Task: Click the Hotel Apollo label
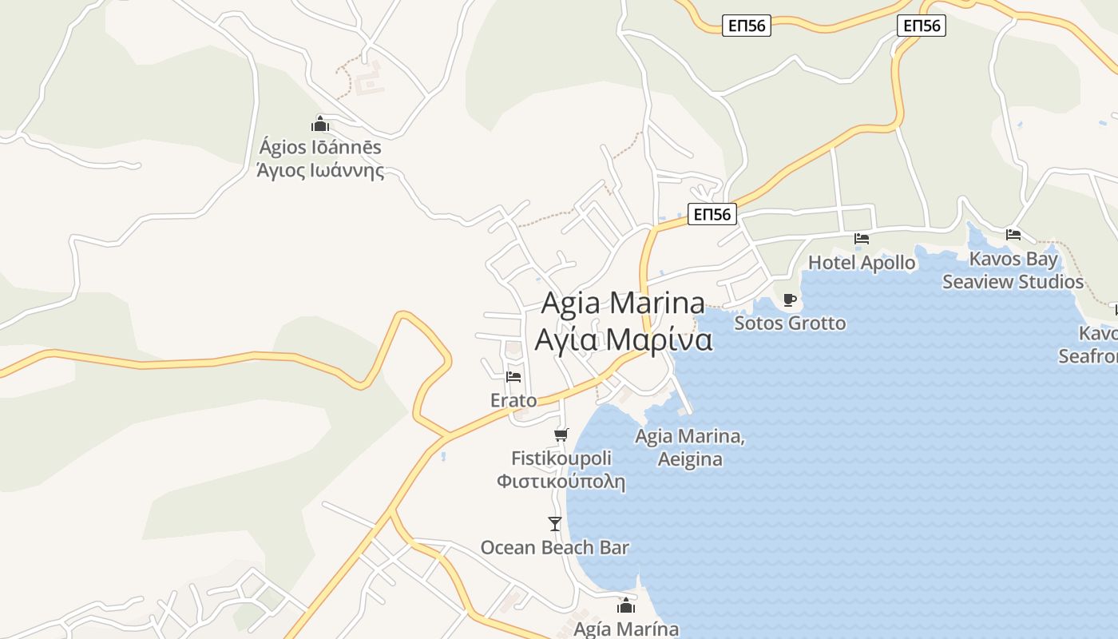click(862, 263)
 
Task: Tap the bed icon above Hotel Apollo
click(861, 238)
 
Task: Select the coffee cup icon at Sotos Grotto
click(790, 300)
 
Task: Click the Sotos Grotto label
click(790, 323)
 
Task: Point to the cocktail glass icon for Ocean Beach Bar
click(555, 524)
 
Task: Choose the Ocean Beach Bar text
click(554, 548)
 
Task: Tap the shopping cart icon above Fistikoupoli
click(561, 435)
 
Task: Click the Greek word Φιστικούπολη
click(561, 482)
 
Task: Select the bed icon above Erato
click(513, 376)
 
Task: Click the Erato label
click(513, 400)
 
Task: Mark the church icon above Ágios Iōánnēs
click(320, 124)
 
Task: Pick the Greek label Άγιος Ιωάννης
click(320, 171)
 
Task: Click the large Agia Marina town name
click(623, 304)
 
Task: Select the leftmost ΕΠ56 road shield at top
click(747, 26)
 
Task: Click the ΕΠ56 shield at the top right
click(922, 26)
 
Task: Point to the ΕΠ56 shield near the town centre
click(712, 214)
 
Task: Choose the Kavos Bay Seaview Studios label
click(1013, 270)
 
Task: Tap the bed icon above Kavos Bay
click(1013, 234)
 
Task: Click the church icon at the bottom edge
click(626, 605)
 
